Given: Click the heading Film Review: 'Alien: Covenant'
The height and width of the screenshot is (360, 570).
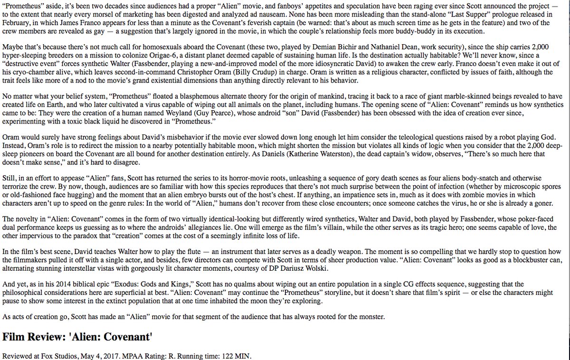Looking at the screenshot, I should pos(77,337).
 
